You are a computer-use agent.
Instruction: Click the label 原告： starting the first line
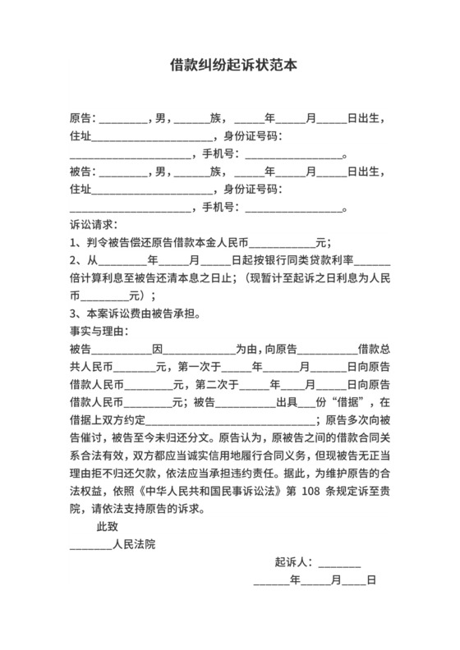click(84, 117)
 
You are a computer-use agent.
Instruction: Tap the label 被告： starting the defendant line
click(84, 172)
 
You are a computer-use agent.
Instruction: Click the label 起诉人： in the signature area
click(294, 562)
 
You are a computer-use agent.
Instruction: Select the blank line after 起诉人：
click(339, 564)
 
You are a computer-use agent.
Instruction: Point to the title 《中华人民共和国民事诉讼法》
click(214, 490)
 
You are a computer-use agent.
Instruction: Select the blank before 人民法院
click(90, 545)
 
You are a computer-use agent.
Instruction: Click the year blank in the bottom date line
click(272, 581)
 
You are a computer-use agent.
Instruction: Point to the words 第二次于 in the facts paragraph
click(214, 383)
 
